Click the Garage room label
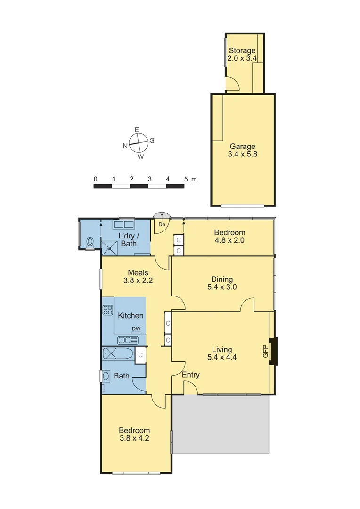tap(243, 150)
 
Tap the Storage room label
tap(242, 54)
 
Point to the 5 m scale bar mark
tap(186, 179)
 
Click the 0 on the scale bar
tap(96, 179)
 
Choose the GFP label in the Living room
tap(265, 351)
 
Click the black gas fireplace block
tap(274, 351)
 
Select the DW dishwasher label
tap(136, 329)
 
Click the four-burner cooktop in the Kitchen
tap(108, 310)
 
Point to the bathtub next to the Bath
tap(117, 354)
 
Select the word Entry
tap(191, 375)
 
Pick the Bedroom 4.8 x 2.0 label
tap(229, 236)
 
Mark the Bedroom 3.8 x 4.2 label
tap(134, 434)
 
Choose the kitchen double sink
tap(127, 339)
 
